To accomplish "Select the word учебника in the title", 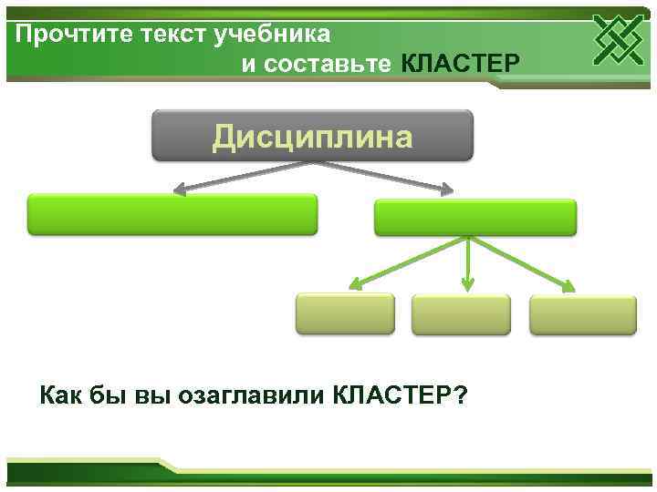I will point(273,35).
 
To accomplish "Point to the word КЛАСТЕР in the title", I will point(461,64).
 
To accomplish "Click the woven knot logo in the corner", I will point(619,39).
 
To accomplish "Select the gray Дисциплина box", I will point(312,136).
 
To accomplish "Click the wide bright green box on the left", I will point(172,214).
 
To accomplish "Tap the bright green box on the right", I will point(475,218).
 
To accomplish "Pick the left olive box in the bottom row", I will point(345,313).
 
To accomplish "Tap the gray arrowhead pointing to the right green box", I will point(446,190).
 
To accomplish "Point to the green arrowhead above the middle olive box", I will point(467,285).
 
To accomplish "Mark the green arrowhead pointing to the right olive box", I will point(568,287).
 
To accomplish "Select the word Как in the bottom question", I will point(60,395).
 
